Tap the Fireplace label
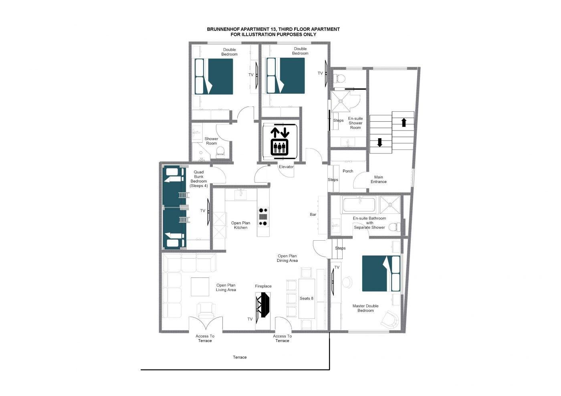click(x=263, y=286)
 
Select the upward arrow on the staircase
click(x=404, y=123)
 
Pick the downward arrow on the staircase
click(x=380, y=143)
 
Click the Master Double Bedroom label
click(x=365, y=308)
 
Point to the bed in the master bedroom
click(x=381, y=273)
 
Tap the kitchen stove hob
click(x=263, y=217)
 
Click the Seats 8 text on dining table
click(x=307, y=298)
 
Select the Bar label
click(x=313, y=215)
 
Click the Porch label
click(x=348, y=171)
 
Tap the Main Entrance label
click(x=378, y=179)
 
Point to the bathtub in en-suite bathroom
click(x=359, y=205)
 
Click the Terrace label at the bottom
click(x=240, y=357)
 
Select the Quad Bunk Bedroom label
click(x=199, y=179)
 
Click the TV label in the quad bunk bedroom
click(x=203, y=211)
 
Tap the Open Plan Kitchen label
click(x=240, y=225)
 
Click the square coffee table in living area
click(x=200, y=287)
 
